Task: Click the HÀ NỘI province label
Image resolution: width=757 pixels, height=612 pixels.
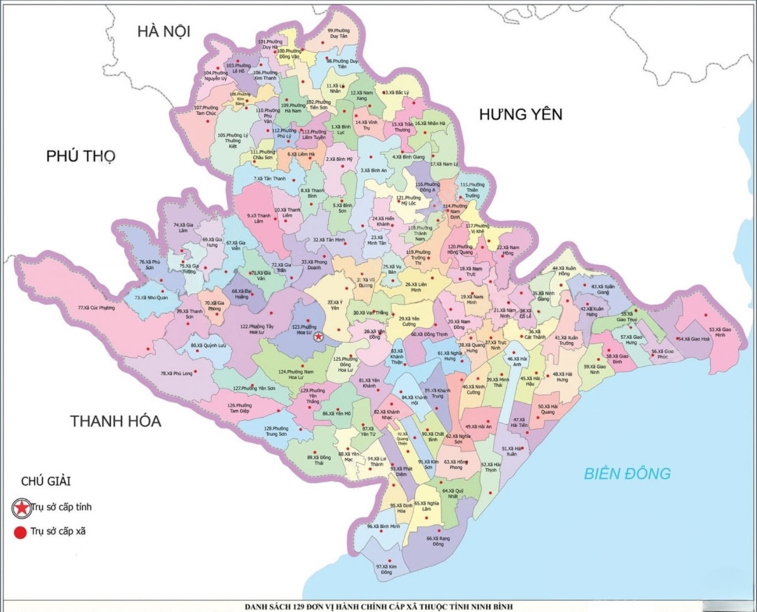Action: click(164, 31)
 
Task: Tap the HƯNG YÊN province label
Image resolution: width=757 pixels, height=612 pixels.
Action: click(521, 114)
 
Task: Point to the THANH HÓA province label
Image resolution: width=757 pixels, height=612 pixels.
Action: click(116, 421)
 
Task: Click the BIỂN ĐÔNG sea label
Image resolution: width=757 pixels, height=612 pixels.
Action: click(627, 473)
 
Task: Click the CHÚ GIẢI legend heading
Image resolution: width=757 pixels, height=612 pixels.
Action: click(46, 481)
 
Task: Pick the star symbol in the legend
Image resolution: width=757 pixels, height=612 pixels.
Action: click(22, 507)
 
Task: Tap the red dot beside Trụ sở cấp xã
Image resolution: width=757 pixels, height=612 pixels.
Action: click(20, 531)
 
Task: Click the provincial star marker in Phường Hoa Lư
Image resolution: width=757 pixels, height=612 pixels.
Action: click(319, 336)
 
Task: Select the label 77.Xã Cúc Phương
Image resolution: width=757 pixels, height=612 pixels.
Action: click(95, 308)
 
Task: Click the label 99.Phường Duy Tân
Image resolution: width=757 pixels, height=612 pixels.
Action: click(339, 34)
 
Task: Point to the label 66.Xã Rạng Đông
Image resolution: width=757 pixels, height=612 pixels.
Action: click(439, 540)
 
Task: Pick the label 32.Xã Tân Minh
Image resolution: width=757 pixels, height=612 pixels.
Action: click(329, 240)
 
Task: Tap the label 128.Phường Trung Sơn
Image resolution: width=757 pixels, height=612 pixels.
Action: click(275, 431)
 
